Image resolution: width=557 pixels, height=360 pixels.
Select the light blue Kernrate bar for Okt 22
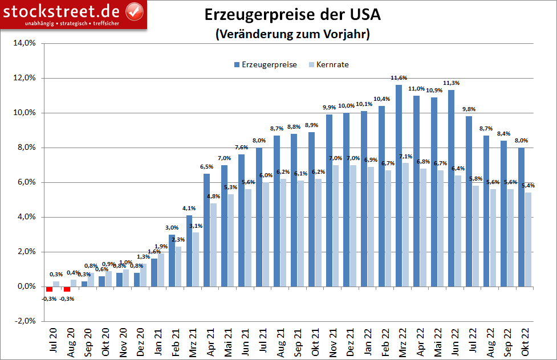pyautogui.click(x=528, y=239)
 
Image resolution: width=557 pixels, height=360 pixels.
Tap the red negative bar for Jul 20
pyautogui.click(x=50, y=289)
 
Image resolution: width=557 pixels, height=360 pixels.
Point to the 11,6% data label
pyautogui.click(x=399, y=77)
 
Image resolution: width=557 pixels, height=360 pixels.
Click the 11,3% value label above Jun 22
pyautogui.click(x=451, y=83)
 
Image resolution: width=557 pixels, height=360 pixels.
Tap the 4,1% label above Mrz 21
pyautogui.click(x=189, y=208)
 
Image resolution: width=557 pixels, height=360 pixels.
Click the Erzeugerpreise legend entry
pyautogui.click(x=265, y=64)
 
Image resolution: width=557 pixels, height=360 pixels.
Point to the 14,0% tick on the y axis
pyautogui.click(x=25, y=43)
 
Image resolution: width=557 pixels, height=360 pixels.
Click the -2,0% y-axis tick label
pyautogui.click(x=25, y=321)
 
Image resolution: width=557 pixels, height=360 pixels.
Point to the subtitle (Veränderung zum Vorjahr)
pyautogui.click(x=292, y=34)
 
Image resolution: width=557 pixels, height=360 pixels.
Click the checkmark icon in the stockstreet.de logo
pyautogui.click(x=133, y=10)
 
